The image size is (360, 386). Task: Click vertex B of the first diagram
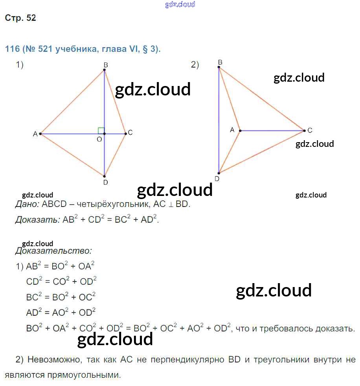(x=105, y=70)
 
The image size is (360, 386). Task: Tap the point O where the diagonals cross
(x=105, y=134)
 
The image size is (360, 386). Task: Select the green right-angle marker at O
(x=101, y=130)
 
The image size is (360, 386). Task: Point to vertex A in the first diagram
(x=40, y=134)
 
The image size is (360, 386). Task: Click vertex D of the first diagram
(x=105, y=176)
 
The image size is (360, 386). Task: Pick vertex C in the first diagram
(x=126, y=134)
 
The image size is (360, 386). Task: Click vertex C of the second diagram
(x=304, y=130)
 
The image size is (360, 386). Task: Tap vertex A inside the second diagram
(x=240, y=130)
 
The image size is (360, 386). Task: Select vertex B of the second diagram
(x=219, y=68)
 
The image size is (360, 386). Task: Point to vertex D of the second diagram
(x=219, y=173)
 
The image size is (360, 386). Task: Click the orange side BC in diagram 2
(x=261, y=99)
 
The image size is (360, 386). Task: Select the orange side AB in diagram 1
(x=72, y=102)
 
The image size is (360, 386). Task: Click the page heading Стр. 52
(x=20, y=18)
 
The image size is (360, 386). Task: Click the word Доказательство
(x=53, y=251)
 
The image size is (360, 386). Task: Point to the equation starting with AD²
(x=61, y=313)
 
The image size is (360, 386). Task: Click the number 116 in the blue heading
(x=12, y=49)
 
